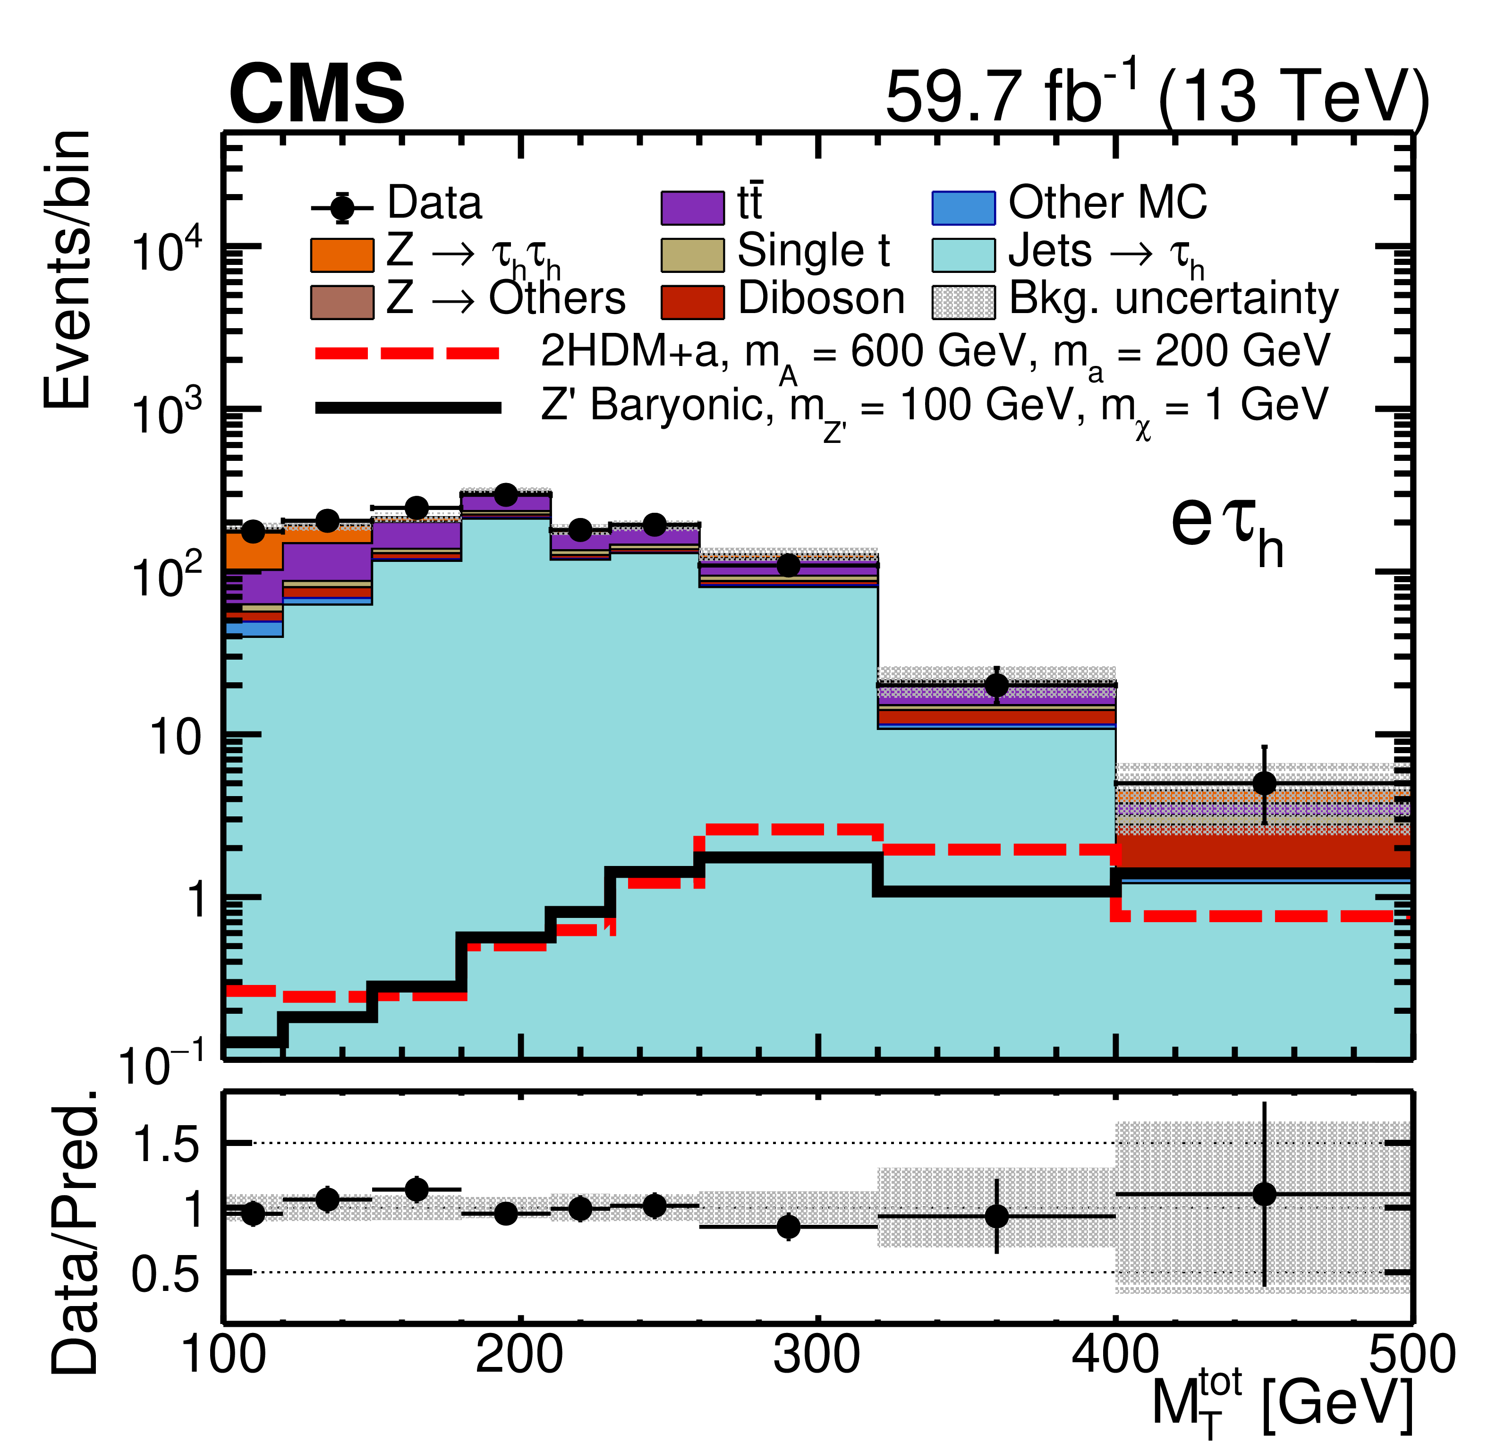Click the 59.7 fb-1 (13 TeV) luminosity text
[1155, 94]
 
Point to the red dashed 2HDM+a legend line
[408, 353]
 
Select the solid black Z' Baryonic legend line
[408, 407]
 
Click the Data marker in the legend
[342, 207]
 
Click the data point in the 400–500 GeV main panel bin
[1264, 783]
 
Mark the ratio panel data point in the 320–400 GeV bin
[996, 1216]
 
